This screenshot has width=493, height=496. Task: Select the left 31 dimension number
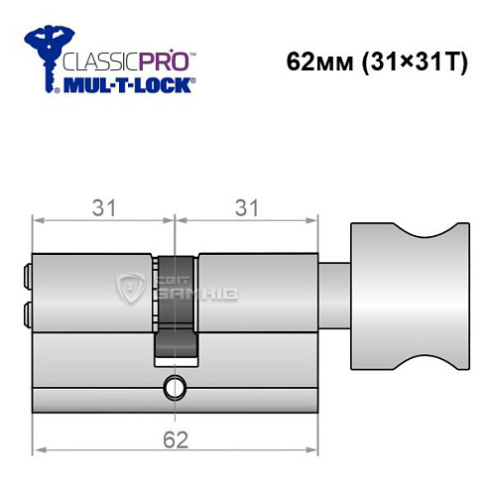tap(103, 207)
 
